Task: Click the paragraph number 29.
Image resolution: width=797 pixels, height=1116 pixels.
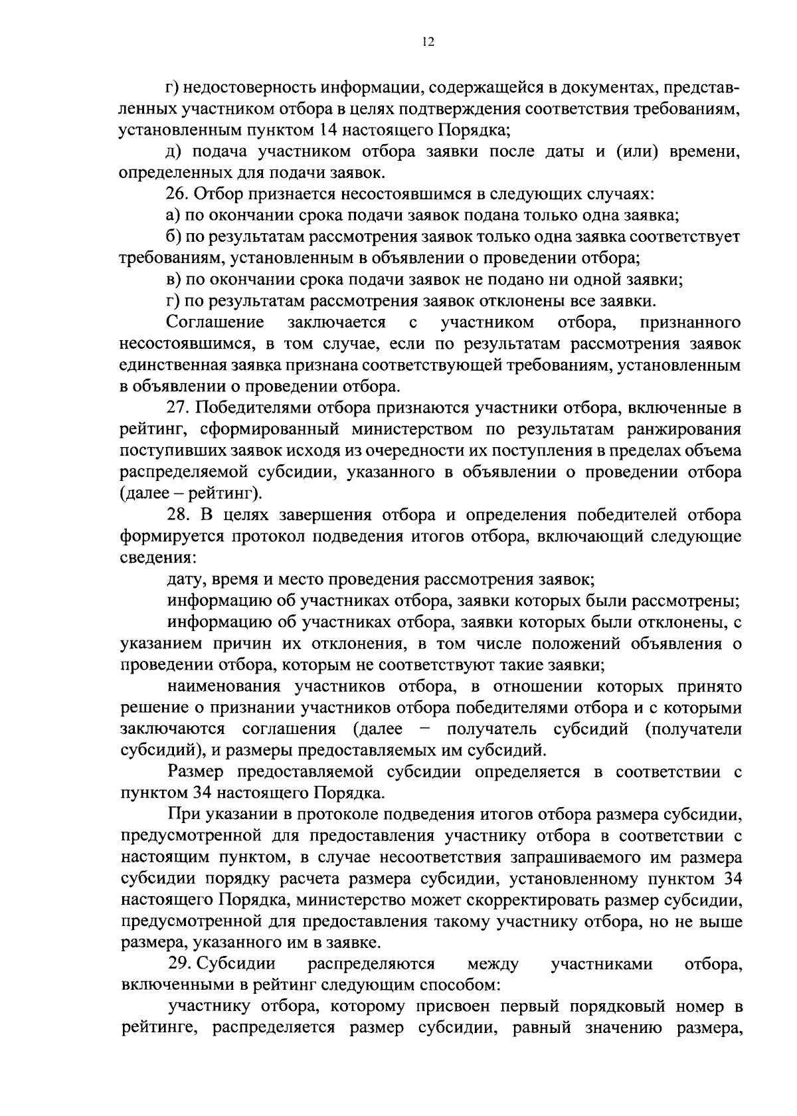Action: pos(180,964)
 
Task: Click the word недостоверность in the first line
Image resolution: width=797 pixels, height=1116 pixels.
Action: pos(251,87)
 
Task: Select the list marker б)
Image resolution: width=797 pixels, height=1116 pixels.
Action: pos(174,237)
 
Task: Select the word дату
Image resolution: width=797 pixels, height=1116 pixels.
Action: pos(185,579)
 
